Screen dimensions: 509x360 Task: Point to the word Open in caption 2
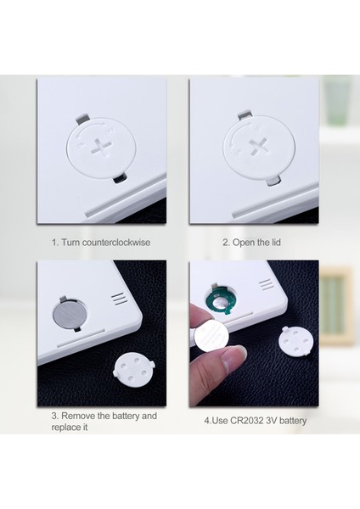(244, 243)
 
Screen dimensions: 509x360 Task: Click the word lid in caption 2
(274, 243)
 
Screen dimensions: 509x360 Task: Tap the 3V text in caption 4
(273, 420)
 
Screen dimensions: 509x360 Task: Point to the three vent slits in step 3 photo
(118, 299)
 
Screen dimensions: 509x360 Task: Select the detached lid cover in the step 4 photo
(298, 344)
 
